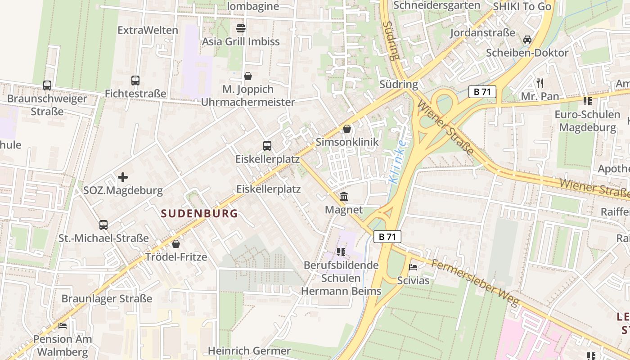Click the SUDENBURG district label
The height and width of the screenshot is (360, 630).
coord(199,213)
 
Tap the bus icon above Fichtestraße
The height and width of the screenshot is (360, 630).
coord(135,81)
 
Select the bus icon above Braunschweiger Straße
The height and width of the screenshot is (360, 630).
coord(47,85)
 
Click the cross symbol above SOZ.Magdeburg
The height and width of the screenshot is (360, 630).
coord(123,177)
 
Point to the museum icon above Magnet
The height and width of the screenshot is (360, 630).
coord(344,196)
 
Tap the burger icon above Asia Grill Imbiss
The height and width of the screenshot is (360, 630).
coord(241,28)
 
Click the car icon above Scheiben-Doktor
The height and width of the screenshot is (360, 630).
coord(527,40)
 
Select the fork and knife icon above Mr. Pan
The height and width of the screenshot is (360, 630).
coord(540,83)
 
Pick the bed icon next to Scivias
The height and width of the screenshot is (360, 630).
coord(413,267)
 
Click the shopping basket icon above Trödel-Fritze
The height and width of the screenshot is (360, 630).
coord(176,244)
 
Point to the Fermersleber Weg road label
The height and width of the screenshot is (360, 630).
coord(475,282)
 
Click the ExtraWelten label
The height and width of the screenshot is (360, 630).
coord(148,30)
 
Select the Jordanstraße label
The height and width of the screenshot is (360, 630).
coord(482,33)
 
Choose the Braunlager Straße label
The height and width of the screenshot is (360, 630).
coord(107,299)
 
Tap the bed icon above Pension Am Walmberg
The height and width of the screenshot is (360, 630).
coord(63,325)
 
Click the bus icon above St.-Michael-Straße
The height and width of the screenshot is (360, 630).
coord(103,225)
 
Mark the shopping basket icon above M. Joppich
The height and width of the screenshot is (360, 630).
coord(247,76)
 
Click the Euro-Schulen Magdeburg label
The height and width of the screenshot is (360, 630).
coord(587,121)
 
